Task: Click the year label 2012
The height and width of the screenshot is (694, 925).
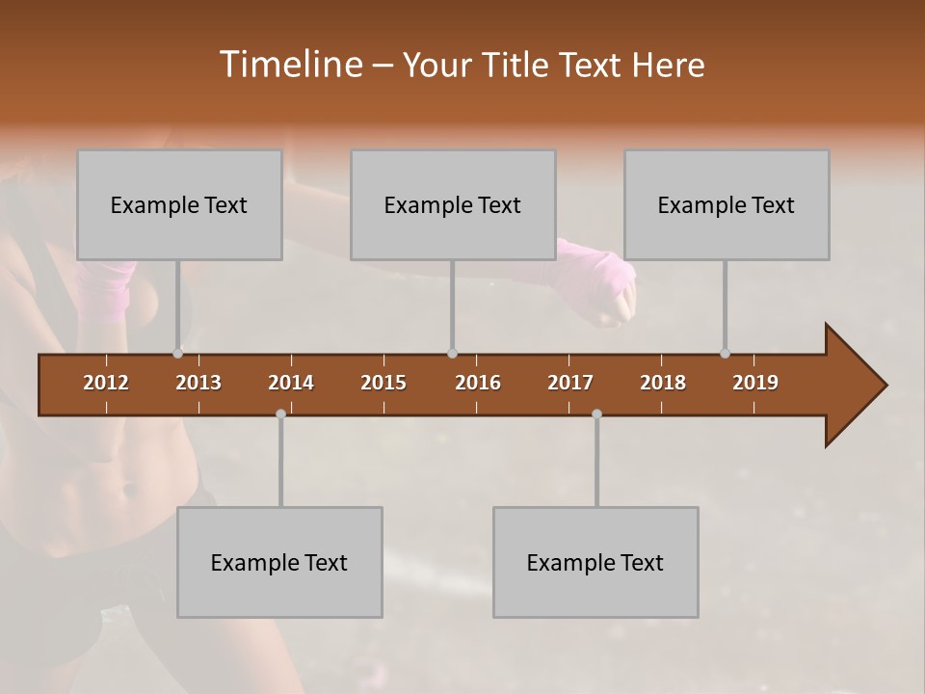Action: click(106, 383)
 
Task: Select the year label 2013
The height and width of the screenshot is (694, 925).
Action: click(198, 383)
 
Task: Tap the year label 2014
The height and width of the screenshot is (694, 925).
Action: click(291, 383)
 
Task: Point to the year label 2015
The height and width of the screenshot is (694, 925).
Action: click(383, 383)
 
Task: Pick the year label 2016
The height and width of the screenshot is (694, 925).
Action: click(478, 383)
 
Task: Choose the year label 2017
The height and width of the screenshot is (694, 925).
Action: click(570, 383)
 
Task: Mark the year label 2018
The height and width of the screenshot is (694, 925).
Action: click(663, 383)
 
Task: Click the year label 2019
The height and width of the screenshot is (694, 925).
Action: click(755, 383)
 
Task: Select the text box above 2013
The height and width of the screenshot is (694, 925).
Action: click(179, 204)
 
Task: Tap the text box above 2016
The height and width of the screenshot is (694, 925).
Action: click(453, 204)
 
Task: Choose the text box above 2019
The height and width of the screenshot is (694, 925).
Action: click(727, 204)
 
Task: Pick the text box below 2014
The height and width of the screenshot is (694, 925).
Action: click(279, 562)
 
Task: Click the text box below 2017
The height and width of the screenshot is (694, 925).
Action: click(595, 562)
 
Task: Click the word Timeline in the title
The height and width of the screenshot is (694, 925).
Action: click(289, 65)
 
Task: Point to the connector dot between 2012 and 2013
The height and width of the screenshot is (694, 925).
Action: click(177, 353)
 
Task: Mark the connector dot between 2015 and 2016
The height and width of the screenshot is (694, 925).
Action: click(452, 353)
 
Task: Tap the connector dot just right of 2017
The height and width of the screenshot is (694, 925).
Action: click(596, 414)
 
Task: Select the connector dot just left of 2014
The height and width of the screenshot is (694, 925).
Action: click(280, 414)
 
